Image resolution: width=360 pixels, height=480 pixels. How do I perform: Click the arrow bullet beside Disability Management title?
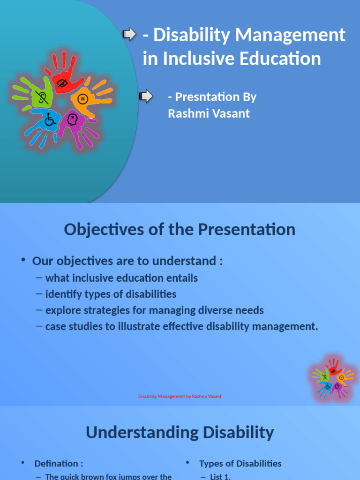pyautogui.click(x=129, y=34)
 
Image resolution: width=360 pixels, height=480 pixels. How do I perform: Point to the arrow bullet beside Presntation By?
pyautogui.click(x=146, y=96)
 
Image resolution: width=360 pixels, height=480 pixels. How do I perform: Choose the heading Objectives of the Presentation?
pyautogui.click(x=180, y=230)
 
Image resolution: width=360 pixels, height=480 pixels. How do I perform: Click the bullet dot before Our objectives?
pyautogui.click(x=23, y=261)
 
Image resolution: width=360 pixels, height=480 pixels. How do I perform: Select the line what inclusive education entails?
pyautogui.click(x=121, y=278)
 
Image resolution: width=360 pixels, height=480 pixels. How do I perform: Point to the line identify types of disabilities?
pyautogui.click(x=111, y=294)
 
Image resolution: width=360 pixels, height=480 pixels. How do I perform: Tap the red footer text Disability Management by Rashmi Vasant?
pyautogui.click(x=180, y=396)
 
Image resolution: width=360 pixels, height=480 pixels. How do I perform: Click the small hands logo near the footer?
pyautogui.click(x=332, y=378)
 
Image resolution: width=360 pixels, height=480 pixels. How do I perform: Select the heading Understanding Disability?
pyautogui.click(x=180, y=432)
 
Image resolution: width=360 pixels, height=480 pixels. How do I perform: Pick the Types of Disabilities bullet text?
pyautogui.click(x=240, y=464)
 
